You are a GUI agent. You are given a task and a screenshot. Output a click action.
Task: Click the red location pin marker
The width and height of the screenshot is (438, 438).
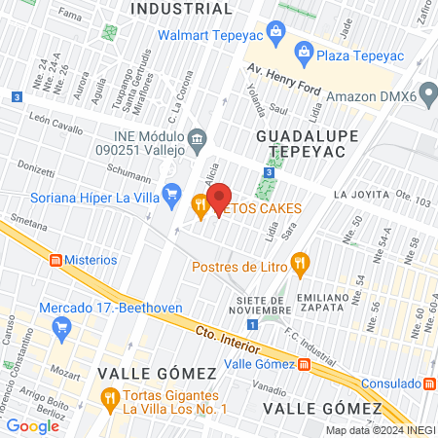pos(219,200)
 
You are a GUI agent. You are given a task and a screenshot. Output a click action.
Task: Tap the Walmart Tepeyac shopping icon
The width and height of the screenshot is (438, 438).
pos(277,30)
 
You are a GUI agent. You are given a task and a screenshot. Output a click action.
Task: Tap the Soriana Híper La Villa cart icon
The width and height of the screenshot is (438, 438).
pos(172,193)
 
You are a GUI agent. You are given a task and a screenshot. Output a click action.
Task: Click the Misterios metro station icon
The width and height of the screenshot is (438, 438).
pos(55,260)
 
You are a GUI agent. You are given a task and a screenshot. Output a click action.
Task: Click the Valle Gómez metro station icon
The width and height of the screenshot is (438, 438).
pos(304,364)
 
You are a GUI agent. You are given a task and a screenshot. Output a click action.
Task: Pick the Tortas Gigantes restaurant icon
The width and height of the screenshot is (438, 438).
pos(109,397)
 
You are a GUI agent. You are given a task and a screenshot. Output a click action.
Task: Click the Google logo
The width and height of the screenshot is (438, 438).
pos(32,425)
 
